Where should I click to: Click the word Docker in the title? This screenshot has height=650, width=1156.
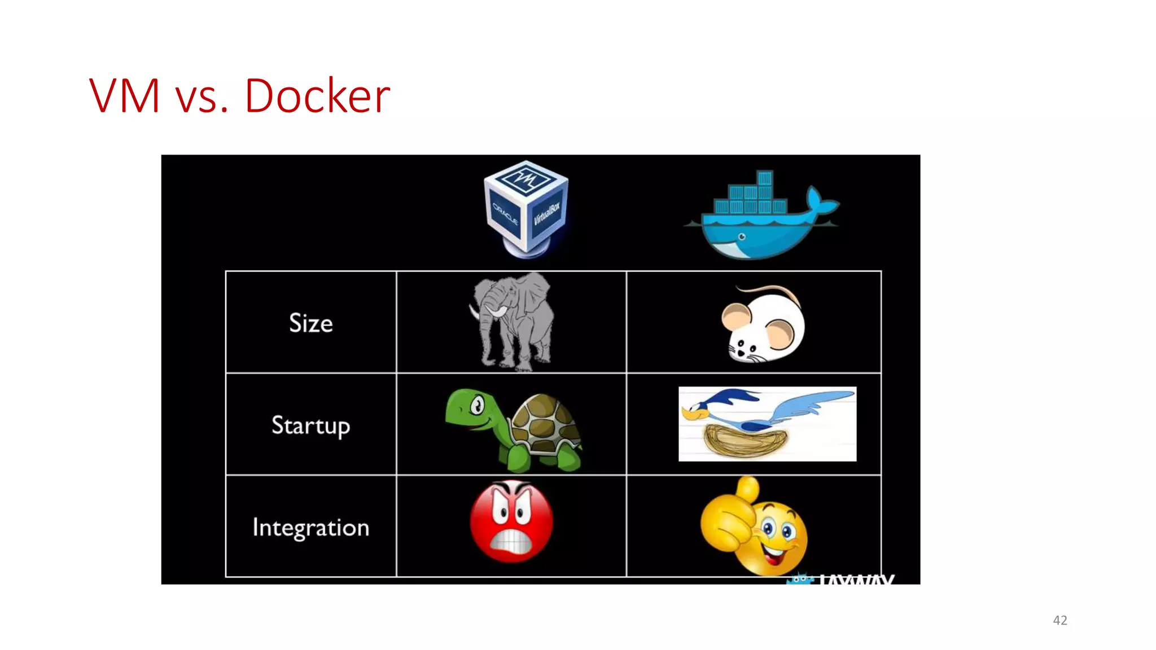pos(317,96)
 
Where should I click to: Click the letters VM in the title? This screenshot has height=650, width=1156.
pos(124,96)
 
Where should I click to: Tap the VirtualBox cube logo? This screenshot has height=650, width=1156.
pos(526,209)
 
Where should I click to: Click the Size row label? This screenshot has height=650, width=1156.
pos(310,323)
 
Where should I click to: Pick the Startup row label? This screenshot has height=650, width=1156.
pos(310,425)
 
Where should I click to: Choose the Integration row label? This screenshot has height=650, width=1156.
pos(310,528)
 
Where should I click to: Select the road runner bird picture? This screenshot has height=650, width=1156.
pos(767,424)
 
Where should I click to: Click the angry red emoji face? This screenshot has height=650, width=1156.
pos(511,521)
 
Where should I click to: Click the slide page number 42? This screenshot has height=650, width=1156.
pos(1059,620)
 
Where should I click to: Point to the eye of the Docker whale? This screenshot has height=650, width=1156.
pos(742,237)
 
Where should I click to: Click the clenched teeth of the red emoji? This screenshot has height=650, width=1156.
pos(511,542)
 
